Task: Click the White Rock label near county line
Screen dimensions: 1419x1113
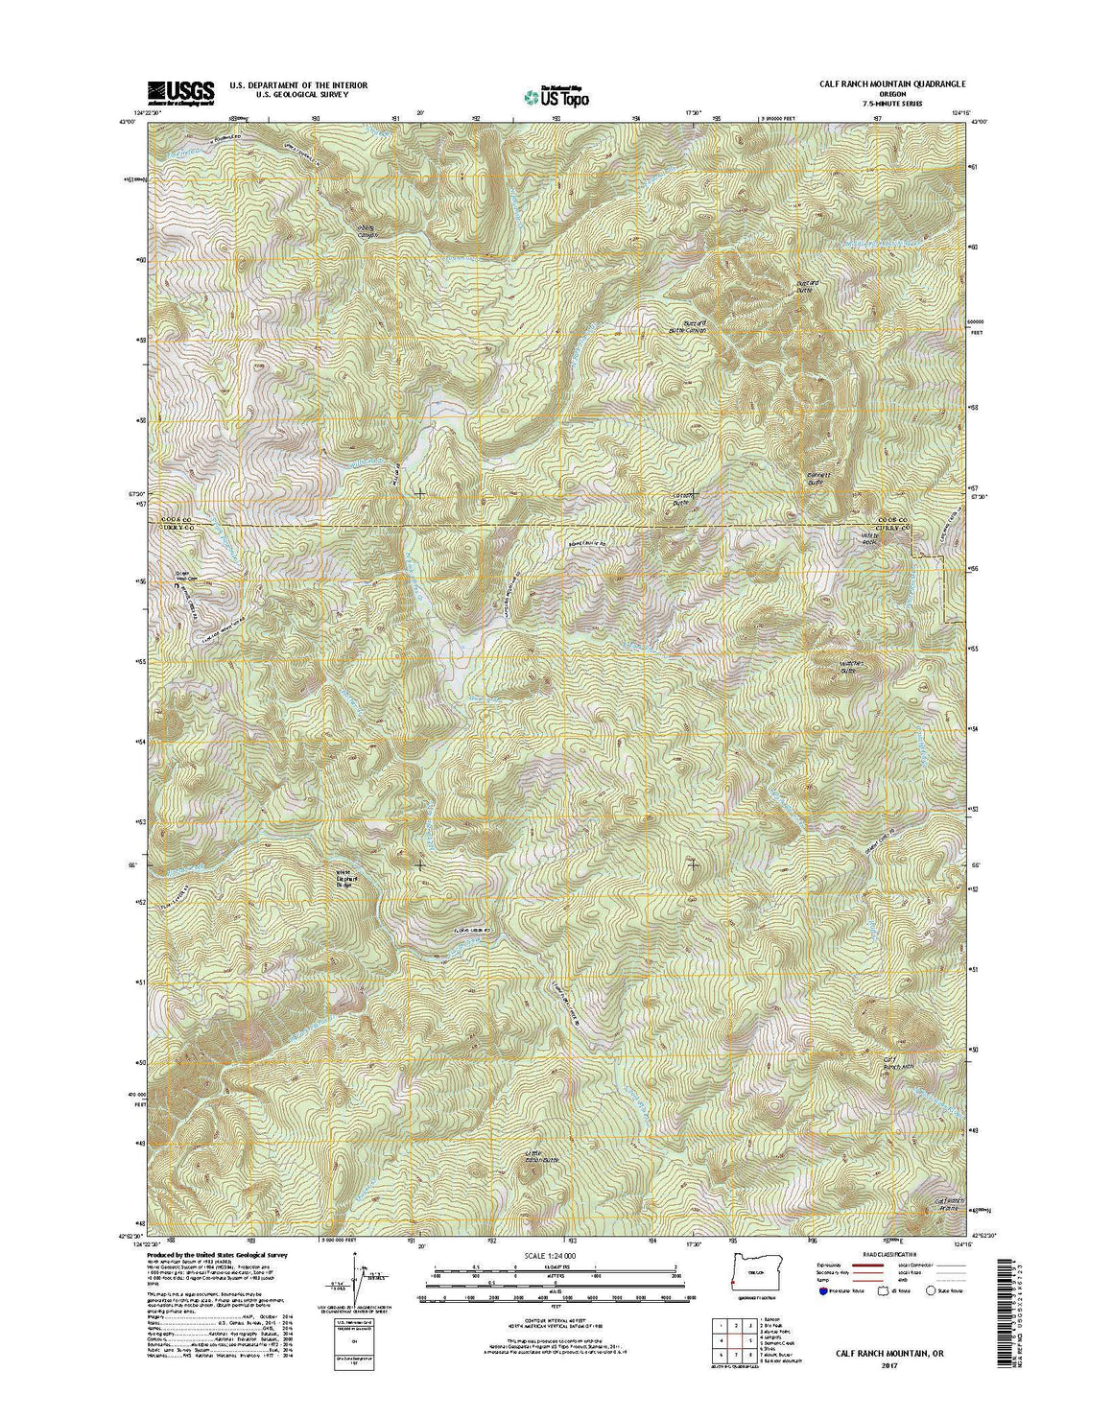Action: [x=870, y=540]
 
